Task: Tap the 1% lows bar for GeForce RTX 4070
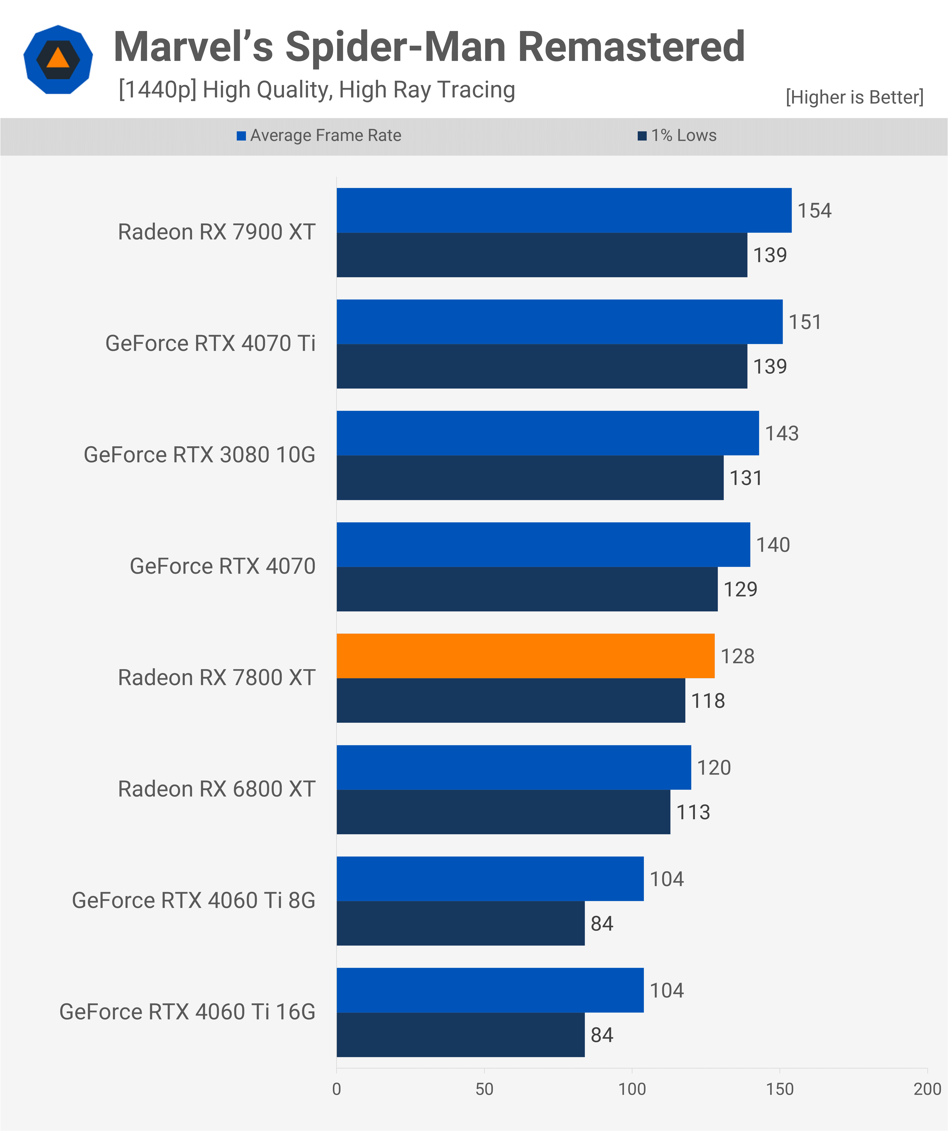(527, 589)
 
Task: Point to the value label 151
(805, 322)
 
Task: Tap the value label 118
(708, 701)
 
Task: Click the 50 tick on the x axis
(484, 1089)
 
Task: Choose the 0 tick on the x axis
(337, 1089)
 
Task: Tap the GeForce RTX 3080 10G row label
(199, 454)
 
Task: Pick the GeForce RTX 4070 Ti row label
(210, 343)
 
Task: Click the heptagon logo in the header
(58, 59)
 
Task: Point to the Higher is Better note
(854, 97)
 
